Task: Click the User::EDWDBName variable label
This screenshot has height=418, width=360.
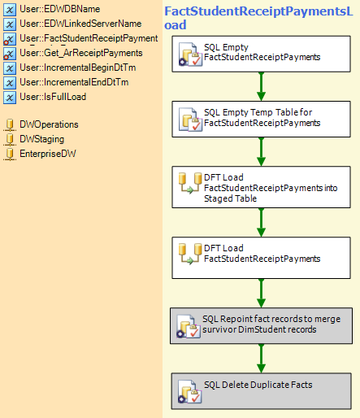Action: [60, 9]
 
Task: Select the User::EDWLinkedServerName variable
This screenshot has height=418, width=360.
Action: [80, 24]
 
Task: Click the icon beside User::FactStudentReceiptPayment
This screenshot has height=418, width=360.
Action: [10, 39]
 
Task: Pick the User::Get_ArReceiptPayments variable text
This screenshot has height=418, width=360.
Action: [81, 53]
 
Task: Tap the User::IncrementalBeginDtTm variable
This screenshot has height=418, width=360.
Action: [78, 67]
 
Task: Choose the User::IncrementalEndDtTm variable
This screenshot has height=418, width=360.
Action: [74, 82]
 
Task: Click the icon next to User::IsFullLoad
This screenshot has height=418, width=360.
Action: [10, 98]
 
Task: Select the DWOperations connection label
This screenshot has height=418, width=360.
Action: [49, 124]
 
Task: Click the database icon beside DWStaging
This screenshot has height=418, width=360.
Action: [10, 139]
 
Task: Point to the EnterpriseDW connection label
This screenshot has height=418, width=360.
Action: [48, 154]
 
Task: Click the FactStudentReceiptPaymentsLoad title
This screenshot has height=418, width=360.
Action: [258, 18]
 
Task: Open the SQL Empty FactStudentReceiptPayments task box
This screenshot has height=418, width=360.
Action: [261, 54]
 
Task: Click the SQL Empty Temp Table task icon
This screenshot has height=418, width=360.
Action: [190, 120]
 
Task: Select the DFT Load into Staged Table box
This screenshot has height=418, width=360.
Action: [261, 187]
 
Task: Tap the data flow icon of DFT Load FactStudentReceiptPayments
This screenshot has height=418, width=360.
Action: [190, 254]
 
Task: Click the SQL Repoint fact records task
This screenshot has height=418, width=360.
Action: [261, 326]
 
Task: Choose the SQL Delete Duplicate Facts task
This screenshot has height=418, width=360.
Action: [261, 391]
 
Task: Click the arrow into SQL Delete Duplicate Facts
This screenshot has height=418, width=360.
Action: [261, 359]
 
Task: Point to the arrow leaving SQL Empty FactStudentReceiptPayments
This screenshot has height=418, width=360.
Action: [261, 87]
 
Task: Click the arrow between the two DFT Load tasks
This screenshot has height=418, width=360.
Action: [261, 223]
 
